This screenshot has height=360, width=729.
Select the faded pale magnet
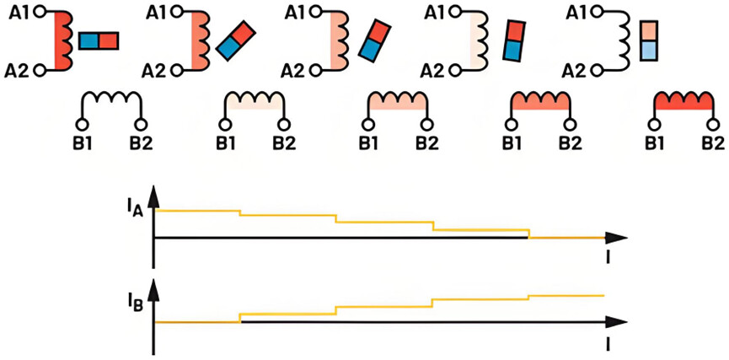pyautogui.click(x=647, y=40)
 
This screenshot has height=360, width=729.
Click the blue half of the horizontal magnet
pyautogui.click(x=89, y=40)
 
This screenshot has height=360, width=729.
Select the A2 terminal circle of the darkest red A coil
pyautogui.click(x=39, y=71)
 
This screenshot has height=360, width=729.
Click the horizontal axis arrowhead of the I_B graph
pyautogui.click(x=619, y=322)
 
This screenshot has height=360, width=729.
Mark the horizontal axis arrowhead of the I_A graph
pyautogui.click(x=619, y=238)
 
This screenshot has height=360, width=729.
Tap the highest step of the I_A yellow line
pyautogui.click(x=196, y=209)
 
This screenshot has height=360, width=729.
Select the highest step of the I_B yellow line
pyautogui.click(x=566, y=296)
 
